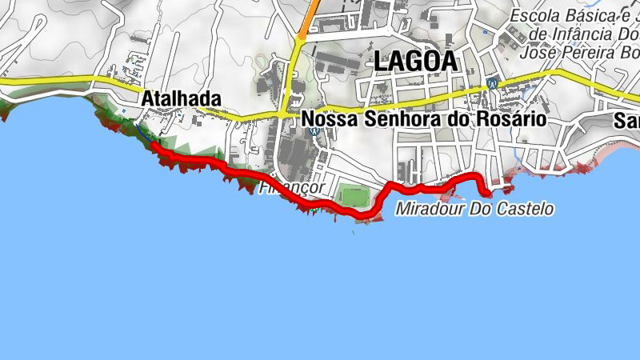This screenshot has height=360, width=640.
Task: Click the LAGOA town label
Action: coord(414,61)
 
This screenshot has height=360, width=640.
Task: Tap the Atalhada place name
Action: coord(181,98)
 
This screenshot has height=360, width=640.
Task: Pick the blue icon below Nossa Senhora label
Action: coord(314,132)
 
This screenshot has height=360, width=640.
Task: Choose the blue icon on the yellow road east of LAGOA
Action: coord(492,82)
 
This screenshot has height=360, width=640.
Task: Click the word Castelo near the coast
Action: coord(524,210)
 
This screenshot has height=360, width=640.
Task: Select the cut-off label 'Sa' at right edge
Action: coord(628,121)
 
